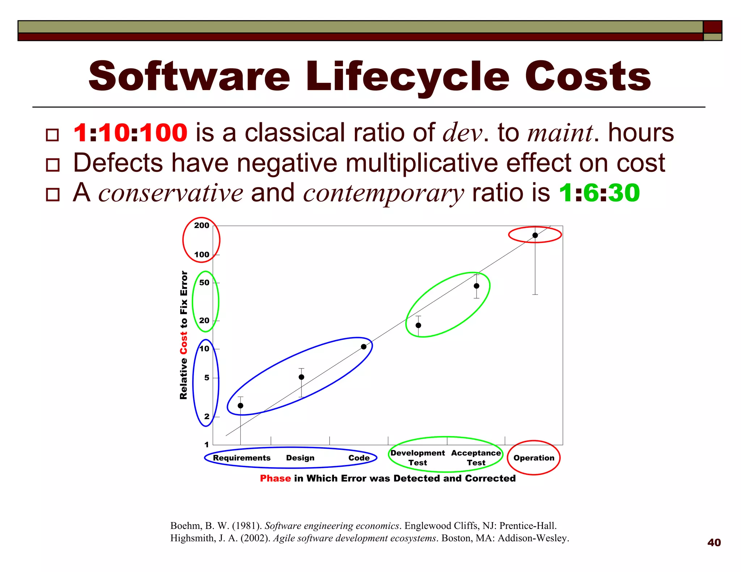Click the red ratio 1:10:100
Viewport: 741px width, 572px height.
tap(130, 133)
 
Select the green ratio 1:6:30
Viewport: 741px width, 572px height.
tap(599, 193)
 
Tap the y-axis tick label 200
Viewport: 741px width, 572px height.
tap(202, 226)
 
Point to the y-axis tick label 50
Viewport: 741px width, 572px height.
tap(204, 283)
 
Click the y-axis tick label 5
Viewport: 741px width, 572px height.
tap(207, 378)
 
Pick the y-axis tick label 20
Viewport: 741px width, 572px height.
tap(204, 321)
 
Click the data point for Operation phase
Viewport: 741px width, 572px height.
tap(535, 235)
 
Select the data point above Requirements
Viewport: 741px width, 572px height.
tap(240, 406)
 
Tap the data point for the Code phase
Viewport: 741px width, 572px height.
tap(364, 347)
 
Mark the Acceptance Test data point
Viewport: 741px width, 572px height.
tap(477, 286)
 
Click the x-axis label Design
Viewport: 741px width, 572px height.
tap(300, 458)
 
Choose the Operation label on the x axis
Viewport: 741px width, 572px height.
tap(534, 458)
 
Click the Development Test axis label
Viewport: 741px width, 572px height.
tap(418, 458)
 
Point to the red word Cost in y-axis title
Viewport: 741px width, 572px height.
tap(184, 345)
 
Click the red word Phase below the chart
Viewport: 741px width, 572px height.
tap(275, 478)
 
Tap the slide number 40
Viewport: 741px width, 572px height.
tap(714, 542)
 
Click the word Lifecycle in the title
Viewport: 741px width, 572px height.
tap(407, 76)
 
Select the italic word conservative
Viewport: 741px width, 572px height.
tap(171, 193)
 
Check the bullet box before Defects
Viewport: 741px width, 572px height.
tap(53, 165)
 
